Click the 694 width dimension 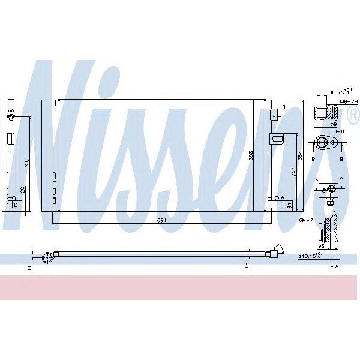pyautogui.click(x=161, y=221)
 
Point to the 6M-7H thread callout pyautogui.click(x=307, y=221)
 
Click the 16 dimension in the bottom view pyautogui.click(x=247, y=264)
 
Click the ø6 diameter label pyautogui.click(x=322, y=246)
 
